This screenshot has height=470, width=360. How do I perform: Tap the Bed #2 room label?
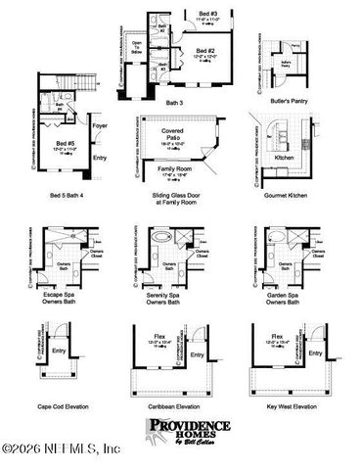pos(203,50)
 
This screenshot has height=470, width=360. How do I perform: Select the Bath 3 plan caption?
pos(173,102)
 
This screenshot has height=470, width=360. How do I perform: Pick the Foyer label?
pos(100,125)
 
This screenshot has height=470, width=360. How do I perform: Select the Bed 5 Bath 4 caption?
pos(69,195)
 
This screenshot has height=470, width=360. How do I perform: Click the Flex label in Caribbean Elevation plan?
pos(164,334)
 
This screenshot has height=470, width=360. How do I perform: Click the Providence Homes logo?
pos(189,431)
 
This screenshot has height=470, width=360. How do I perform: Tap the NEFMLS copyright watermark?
pos(61,448)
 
